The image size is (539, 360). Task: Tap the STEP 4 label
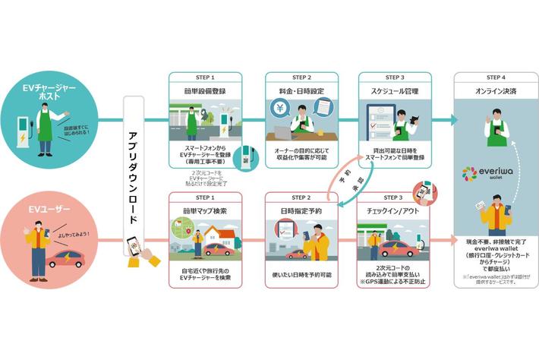point(491,77)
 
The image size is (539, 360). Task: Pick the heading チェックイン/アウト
point(396,209)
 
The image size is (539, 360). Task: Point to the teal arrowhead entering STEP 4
point(452,119)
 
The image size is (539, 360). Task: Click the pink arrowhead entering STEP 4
point(452,235)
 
